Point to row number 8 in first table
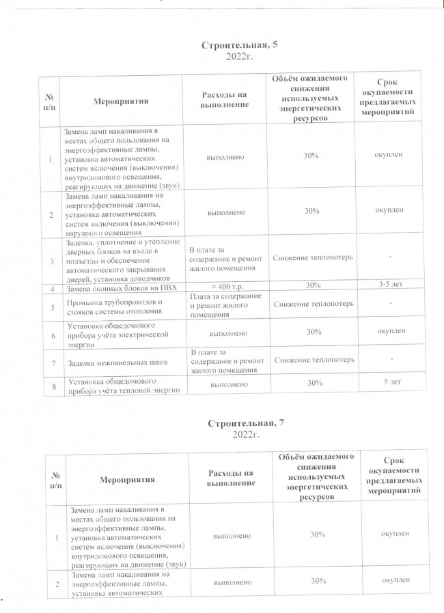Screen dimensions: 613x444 click(x=52, y=386)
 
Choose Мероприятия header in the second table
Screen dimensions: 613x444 click(x=126, y=481)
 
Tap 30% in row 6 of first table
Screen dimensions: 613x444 click(x=314, y=332)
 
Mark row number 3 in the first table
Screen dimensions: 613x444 click(x=51, y=260)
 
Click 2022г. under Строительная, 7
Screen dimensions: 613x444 click(x=243, y=435)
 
